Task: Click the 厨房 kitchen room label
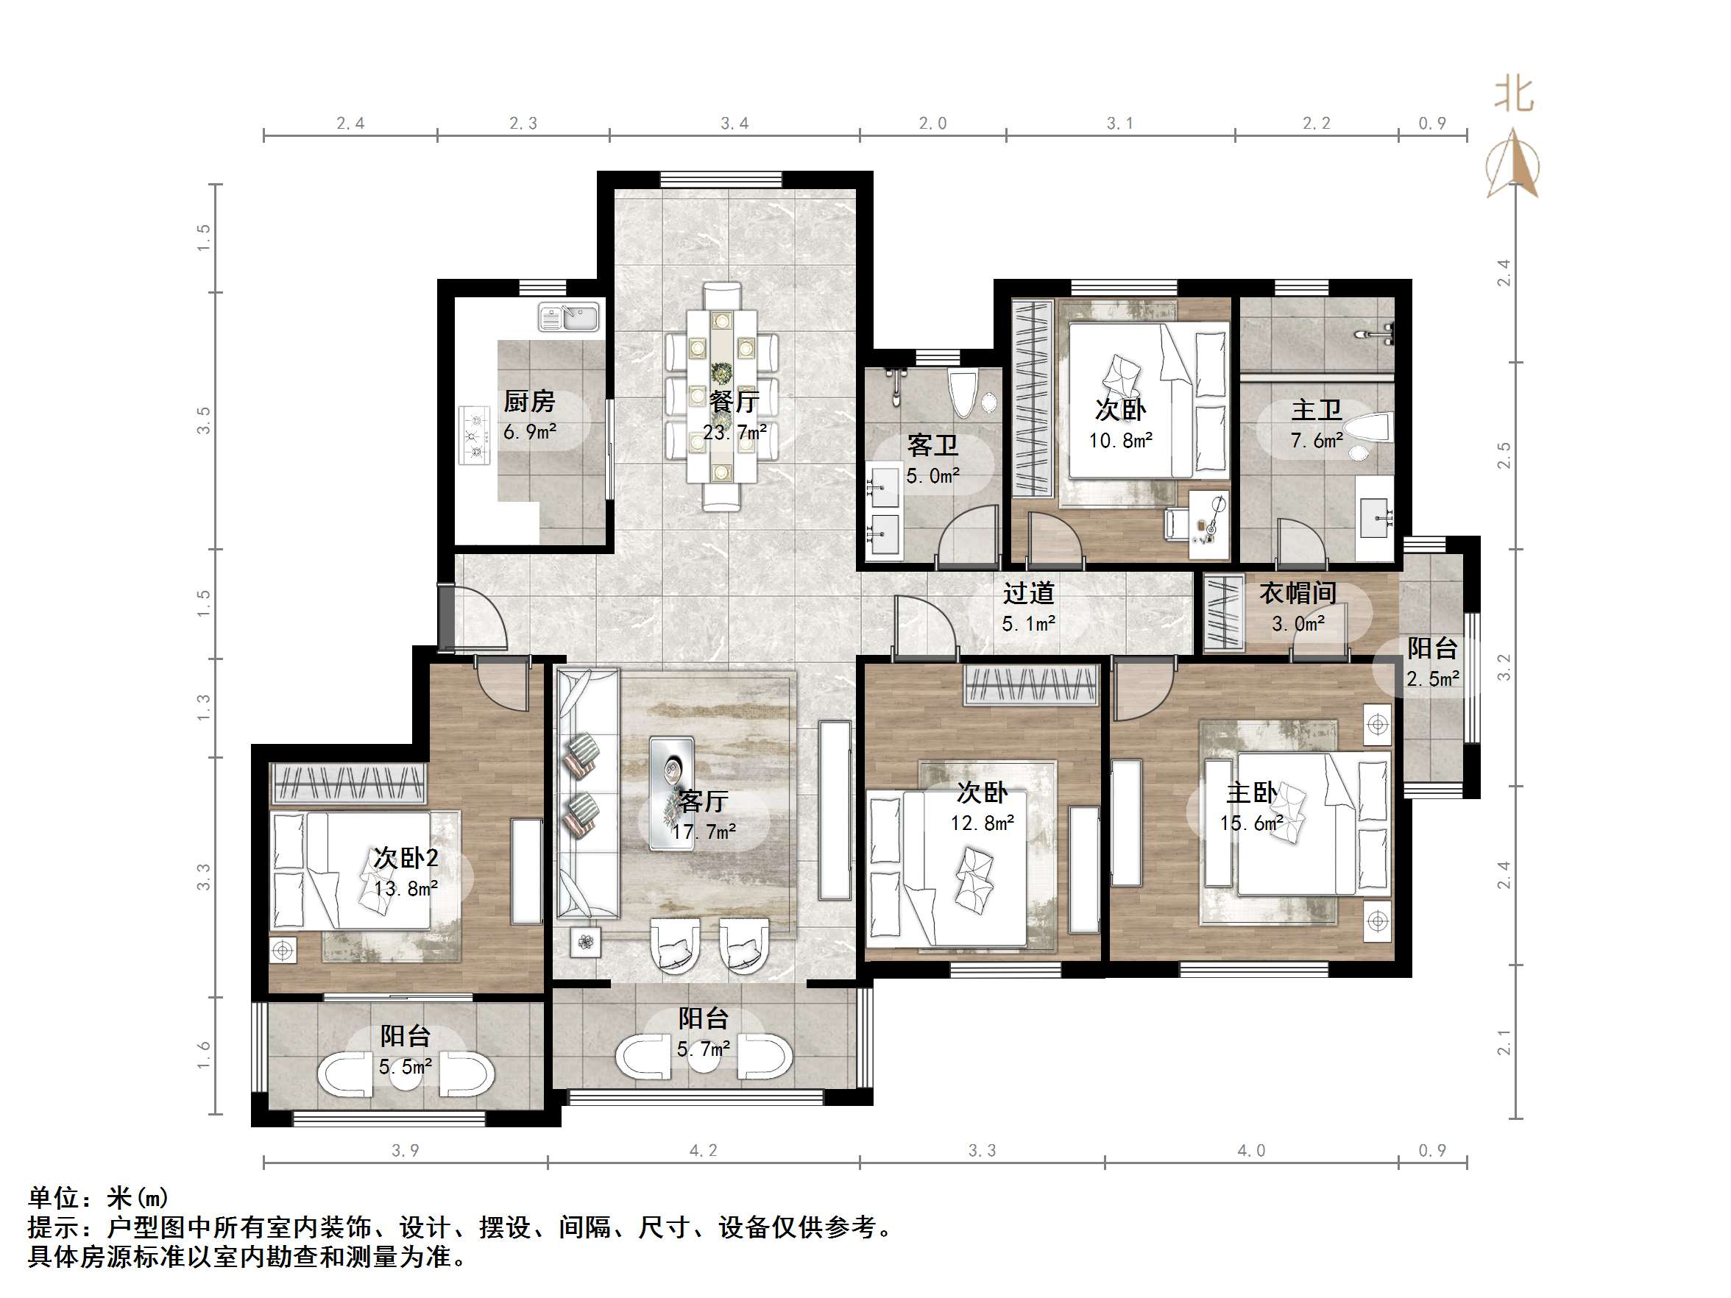[529, 401]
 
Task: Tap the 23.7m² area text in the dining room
[734, 432]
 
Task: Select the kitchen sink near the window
[568, 317]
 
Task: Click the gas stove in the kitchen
[474, 436]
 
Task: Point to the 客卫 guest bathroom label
[932, 445]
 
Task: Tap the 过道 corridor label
[1028, 593]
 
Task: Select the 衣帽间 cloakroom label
[1298, 593]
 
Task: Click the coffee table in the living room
[671, 792]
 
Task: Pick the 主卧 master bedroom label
[1250, 792]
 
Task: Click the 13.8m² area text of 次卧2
[406, 889]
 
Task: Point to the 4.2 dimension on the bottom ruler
[703, 1150]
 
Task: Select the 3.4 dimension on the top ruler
[734, 123]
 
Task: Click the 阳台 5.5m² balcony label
[406, 1037]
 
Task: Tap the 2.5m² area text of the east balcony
[1432, 678]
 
